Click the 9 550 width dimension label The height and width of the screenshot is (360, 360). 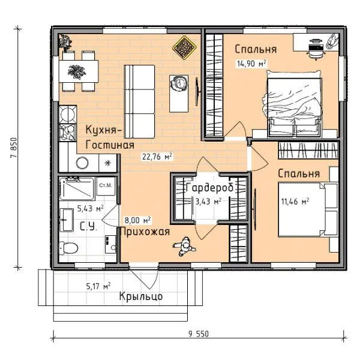coord(199,334)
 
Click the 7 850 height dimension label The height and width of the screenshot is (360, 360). coord(14,148)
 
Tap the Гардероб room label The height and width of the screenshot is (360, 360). coord(209,188)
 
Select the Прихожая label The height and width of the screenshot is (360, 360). coord(145,232)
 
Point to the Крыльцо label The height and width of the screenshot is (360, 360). coord(141,296)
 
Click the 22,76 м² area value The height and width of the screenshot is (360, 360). coord(157,157)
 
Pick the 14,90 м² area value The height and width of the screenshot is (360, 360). coord(251,64)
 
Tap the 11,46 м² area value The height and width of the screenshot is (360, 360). coord(295,202)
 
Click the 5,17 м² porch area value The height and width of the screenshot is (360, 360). coord(98,286)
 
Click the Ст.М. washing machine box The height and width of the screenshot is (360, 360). coord(106,186)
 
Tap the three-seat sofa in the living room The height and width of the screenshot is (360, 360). coord(139,101)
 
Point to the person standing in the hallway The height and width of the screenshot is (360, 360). coord(184,247)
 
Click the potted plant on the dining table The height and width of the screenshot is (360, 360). coord(77,72)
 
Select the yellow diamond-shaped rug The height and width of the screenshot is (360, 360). coord(184,47)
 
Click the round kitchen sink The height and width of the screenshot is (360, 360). coord(82,163)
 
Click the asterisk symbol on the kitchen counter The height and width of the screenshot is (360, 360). coord(107,163)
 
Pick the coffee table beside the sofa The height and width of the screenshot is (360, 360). coord(179,94)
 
